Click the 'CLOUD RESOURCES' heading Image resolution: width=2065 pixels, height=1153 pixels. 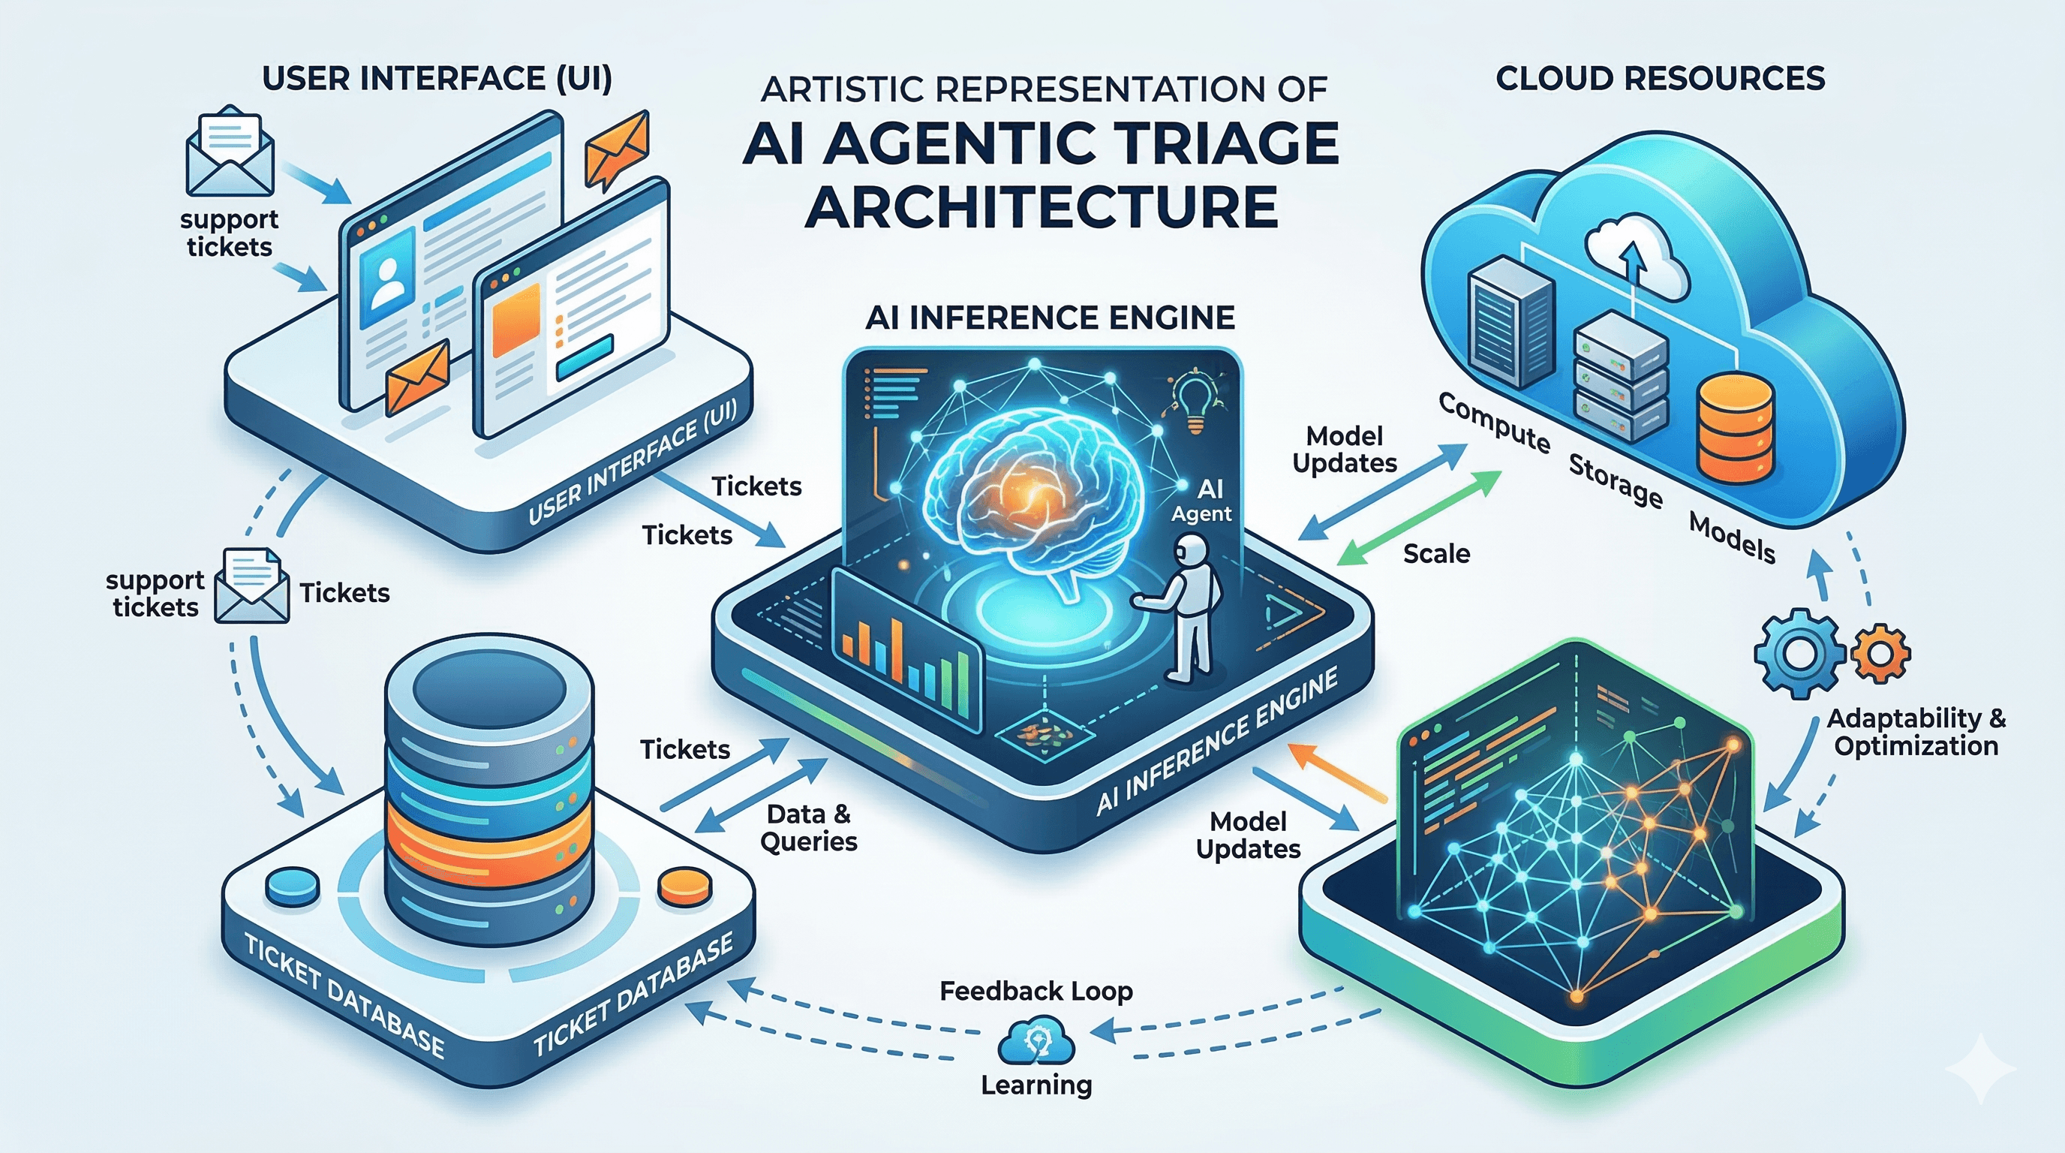click(x=1659, y=79)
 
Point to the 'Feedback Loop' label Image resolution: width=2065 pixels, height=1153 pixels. click(x=1036, y=991)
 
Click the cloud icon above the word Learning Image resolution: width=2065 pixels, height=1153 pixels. click(x=1036, y=1040)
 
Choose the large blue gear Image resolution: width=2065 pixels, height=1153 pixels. click(x=1799, y=649)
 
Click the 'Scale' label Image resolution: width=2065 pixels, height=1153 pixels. click(x=1435, y=553)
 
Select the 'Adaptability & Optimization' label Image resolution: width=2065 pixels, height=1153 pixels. click(x=1915, y=731)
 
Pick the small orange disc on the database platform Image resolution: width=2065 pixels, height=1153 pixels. click(x=684, y=885)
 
